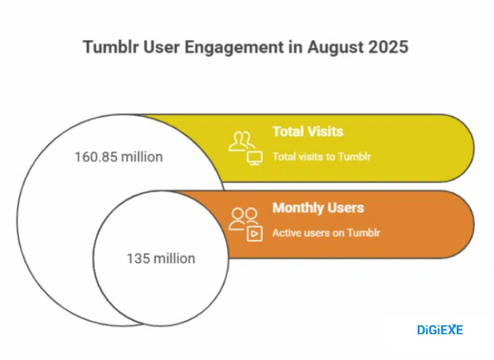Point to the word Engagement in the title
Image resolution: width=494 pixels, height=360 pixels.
tap(227, 47)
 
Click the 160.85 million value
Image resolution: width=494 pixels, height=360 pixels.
tap(118, 157)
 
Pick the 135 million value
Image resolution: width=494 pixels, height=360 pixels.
tap(160, 259)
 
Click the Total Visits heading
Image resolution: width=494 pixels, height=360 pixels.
tap(307, 131)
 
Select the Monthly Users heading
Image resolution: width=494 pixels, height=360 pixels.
tap(318, 208)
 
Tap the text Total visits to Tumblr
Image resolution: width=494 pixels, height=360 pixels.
tap(321, 157)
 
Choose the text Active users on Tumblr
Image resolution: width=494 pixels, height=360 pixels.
tap(326, 233)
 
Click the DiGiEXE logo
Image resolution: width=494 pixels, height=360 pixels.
tap(440, 329)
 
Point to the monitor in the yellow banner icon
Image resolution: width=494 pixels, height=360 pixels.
tap(255, 158)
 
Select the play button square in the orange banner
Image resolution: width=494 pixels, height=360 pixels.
tap(255, 233)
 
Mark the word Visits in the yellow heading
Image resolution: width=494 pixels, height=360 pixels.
tap(325, 131)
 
